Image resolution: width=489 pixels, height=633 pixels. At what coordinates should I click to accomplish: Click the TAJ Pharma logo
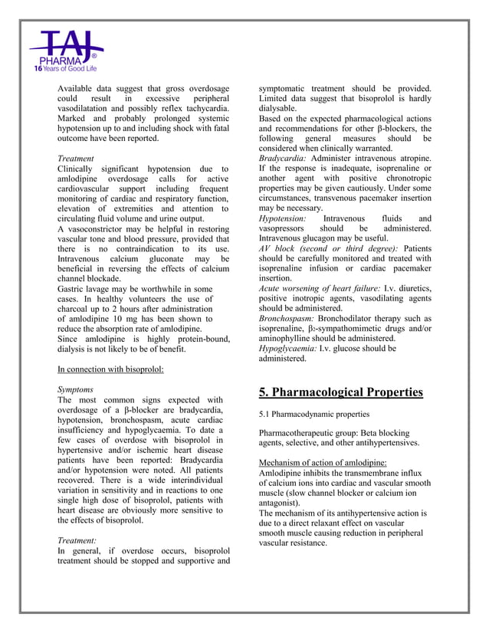tap(65, 48)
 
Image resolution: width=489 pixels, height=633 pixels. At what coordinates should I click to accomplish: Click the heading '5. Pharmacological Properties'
tap(340, 392)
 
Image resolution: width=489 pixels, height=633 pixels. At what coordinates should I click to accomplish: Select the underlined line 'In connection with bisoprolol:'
tap(110, 369)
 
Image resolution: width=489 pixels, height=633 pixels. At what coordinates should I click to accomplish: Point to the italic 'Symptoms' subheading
tap(75, 389)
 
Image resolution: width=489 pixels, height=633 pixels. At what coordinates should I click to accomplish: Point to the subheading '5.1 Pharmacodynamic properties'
tap(314, 415)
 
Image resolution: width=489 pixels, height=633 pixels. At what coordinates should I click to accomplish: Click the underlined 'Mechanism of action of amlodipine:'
tap(323, 463)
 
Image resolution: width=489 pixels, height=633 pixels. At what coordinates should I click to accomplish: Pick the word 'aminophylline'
tap(286, 338)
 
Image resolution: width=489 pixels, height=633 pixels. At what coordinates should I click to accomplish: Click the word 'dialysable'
tap(282, 109)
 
